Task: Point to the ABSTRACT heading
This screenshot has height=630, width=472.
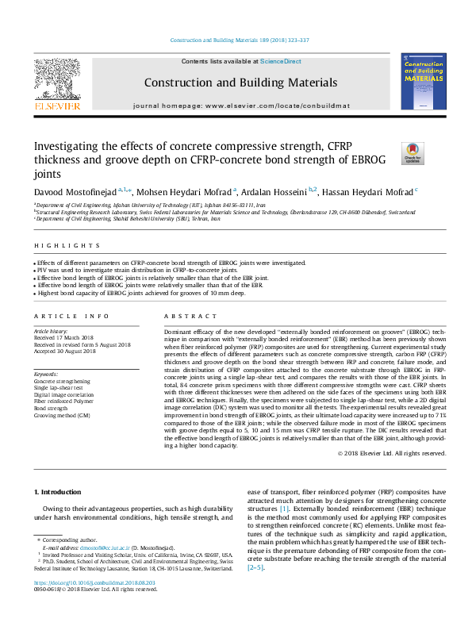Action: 178,316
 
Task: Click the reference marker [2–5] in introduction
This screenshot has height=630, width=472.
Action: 255,567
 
